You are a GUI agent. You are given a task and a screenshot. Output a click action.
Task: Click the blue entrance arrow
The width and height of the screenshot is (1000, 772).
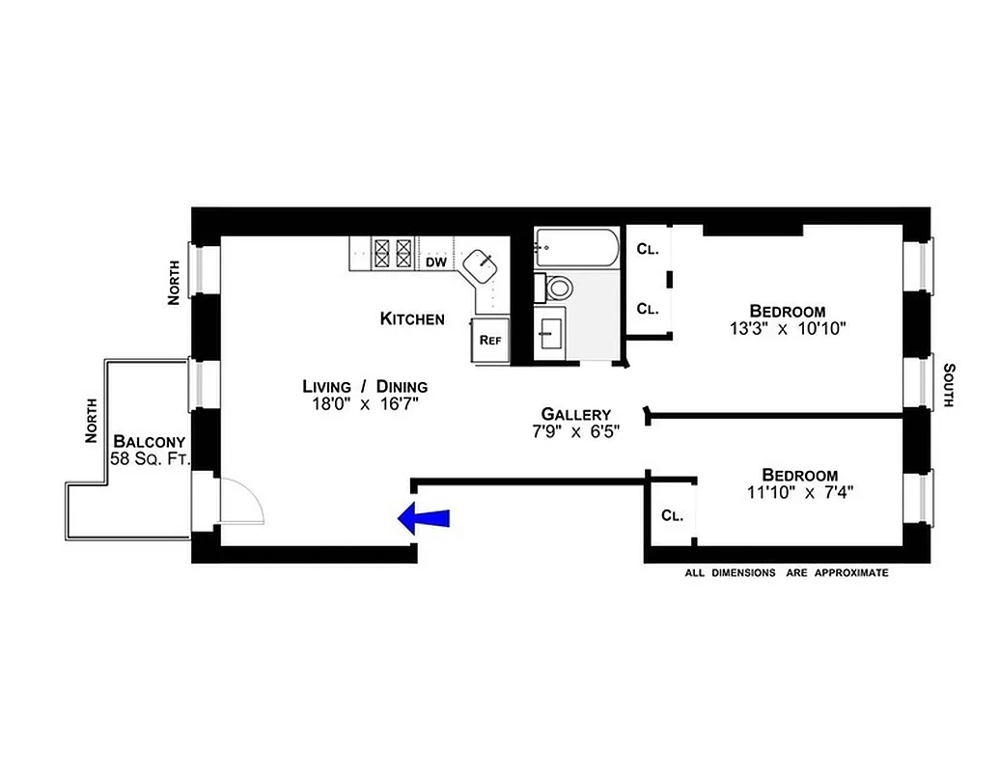tap(424, 518)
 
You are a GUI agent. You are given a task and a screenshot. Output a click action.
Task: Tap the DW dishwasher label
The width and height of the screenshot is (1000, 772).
tap(436, 262)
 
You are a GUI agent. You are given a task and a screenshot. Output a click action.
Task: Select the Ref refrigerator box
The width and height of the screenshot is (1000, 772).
tap(489, 340)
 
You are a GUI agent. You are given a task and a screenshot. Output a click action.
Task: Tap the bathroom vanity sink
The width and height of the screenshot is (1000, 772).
tap(552, 333)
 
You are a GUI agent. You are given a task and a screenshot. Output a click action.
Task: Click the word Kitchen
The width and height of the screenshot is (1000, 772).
tap(412, 318)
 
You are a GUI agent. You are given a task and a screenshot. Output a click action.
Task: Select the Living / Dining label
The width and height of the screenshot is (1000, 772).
tap(365, 386)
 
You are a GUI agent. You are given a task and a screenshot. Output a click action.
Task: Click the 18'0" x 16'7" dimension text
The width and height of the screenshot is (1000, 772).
tap(365, 405)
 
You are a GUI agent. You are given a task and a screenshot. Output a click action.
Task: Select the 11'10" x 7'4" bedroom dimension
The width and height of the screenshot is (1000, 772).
tap(799, 492)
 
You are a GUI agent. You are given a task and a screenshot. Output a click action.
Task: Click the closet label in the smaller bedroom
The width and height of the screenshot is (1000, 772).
tap(672, 515)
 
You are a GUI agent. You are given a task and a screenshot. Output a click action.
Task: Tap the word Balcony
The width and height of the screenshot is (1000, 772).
tap(149, 441)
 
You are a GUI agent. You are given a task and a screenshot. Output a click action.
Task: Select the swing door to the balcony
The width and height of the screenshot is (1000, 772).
tap(239, 502)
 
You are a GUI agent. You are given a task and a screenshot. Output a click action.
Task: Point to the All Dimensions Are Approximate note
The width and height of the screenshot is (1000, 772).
tap(786, 572)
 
